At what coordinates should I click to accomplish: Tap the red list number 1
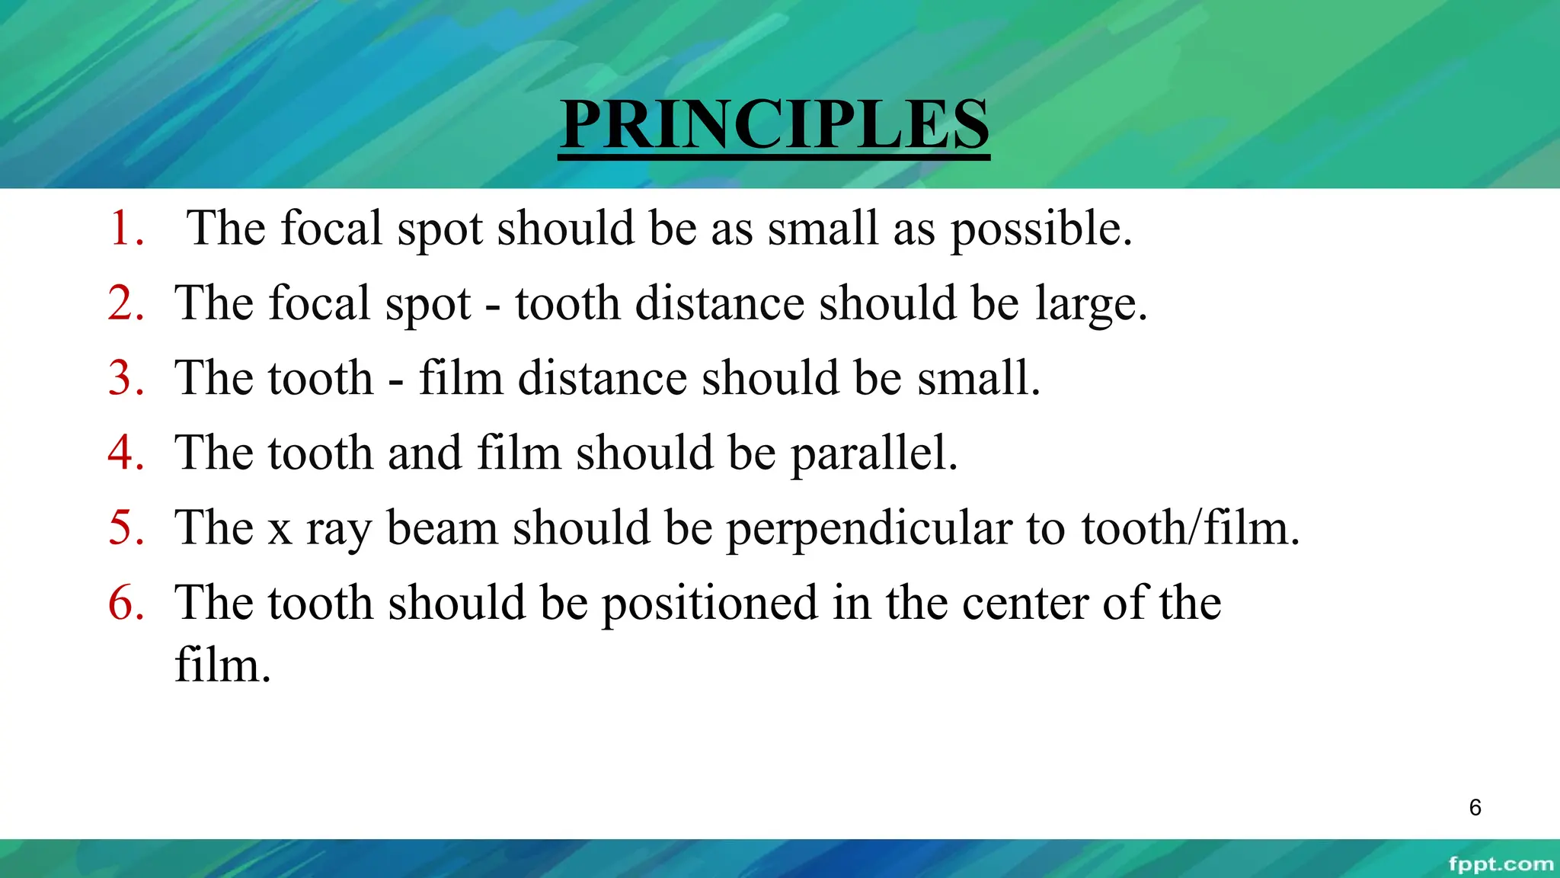pos(126,228)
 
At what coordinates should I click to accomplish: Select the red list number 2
pos(126,303)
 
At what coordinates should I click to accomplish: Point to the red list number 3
pos(126,377)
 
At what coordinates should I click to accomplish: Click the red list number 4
pos(126,452)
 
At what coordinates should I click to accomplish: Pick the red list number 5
pos(126,527)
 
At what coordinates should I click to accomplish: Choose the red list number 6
pos(126,602)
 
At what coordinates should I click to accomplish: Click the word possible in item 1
pos(1041,229)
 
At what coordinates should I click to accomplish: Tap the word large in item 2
pos(1090,304)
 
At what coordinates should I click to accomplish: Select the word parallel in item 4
pos(873,453)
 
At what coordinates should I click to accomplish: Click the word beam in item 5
pos(442,527)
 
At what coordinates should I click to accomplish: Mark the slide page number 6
pos(1475,807)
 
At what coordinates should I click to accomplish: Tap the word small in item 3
pos(977,377)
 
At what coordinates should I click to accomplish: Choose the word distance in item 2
pos(720,303)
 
